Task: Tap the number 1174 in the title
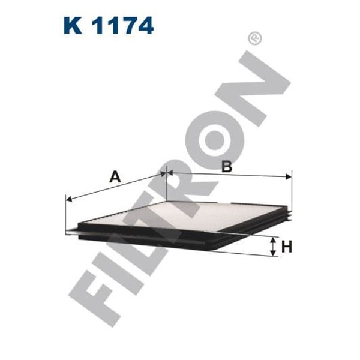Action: (x=123, y=26)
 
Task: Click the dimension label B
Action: (x=226, y=167)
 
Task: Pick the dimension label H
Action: (x=287, y=247)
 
